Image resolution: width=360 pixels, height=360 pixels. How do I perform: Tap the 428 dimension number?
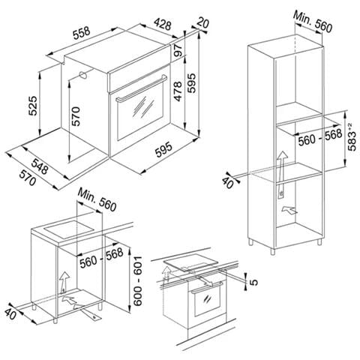[163, 24]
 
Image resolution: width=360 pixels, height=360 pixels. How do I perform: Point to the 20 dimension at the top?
[202, 22]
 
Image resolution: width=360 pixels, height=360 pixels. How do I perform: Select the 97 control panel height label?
[178, 51]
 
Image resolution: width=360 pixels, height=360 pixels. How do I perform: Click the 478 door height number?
[178, 91]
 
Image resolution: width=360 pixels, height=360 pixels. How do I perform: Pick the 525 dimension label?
[33, 106]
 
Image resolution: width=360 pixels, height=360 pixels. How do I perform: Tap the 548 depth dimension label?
[40, 166]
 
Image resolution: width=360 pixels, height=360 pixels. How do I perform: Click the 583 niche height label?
[352, 137]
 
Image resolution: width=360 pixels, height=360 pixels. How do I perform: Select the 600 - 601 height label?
[138, 280]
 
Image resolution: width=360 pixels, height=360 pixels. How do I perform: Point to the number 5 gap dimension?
[253, 282]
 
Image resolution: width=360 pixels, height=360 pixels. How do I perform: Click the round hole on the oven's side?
[82, 74]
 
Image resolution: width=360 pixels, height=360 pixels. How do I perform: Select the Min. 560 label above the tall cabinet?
[313, 22]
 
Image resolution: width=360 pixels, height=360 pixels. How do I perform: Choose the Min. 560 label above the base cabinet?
[97, 199]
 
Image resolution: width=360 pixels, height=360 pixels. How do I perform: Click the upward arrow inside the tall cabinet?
[281, 175]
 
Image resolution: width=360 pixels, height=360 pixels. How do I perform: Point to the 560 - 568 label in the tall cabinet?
[320, 137]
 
